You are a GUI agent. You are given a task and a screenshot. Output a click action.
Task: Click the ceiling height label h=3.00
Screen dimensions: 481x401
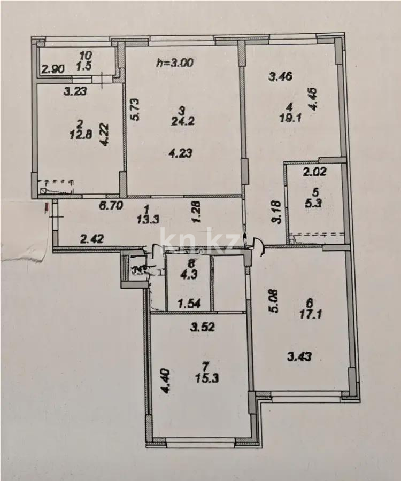pyautogui.click(x=174, y=62)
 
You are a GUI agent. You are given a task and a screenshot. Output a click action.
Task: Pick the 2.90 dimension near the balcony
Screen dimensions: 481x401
pyautogui.click(x=53, y=69)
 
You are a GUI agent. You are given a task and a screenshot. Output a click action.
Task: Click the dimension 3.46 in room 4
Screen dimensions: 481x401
pyautogui.click(x=281, y=76)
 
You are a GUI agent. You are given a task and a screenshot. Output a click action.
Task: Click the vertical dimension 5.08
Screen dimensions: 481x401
pyautogui.click(x=273, y=301)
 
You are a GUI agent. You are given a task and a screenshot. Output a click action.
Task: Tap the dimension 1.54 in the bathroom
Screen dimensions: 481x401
pyautogui.click(x=189, y=304)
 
